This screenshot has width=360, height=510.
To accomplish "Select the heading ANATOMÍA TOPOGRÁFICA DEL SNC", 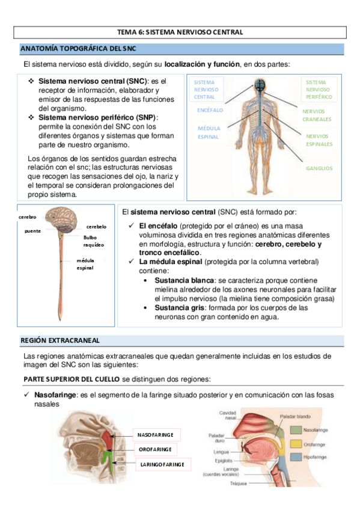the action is pos(71,48).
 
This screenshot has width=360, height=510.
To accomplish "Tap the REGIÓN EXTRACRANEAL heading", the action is pos(59,340).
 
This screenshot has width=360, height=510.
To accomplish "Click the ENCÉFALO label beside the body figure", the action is pos(210,111).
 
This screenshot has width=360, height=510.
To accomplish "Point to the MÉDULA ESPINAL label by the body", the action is pos(209,132).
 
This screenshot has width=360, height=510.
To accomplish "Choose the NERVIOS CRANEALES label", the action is pos(317,115).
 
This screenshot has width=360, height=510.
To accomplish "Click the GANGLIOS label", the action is pos(319,168).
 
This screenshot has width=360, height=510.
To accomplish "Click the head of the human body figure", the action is pos(259,86).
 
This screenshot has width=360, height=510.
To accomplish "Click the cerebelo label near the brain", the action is pos(96,227).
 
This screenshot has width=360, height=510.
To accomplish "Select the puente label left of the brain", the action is pos(32,231).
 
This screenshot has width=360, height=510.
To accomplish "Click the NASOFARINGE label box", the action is pos(155,434).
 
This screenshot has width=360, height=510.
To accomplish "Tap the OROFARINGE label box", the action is pos(155,449).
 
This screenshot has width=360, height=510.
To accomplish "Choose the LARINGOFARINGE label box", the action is pos(162,464).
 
